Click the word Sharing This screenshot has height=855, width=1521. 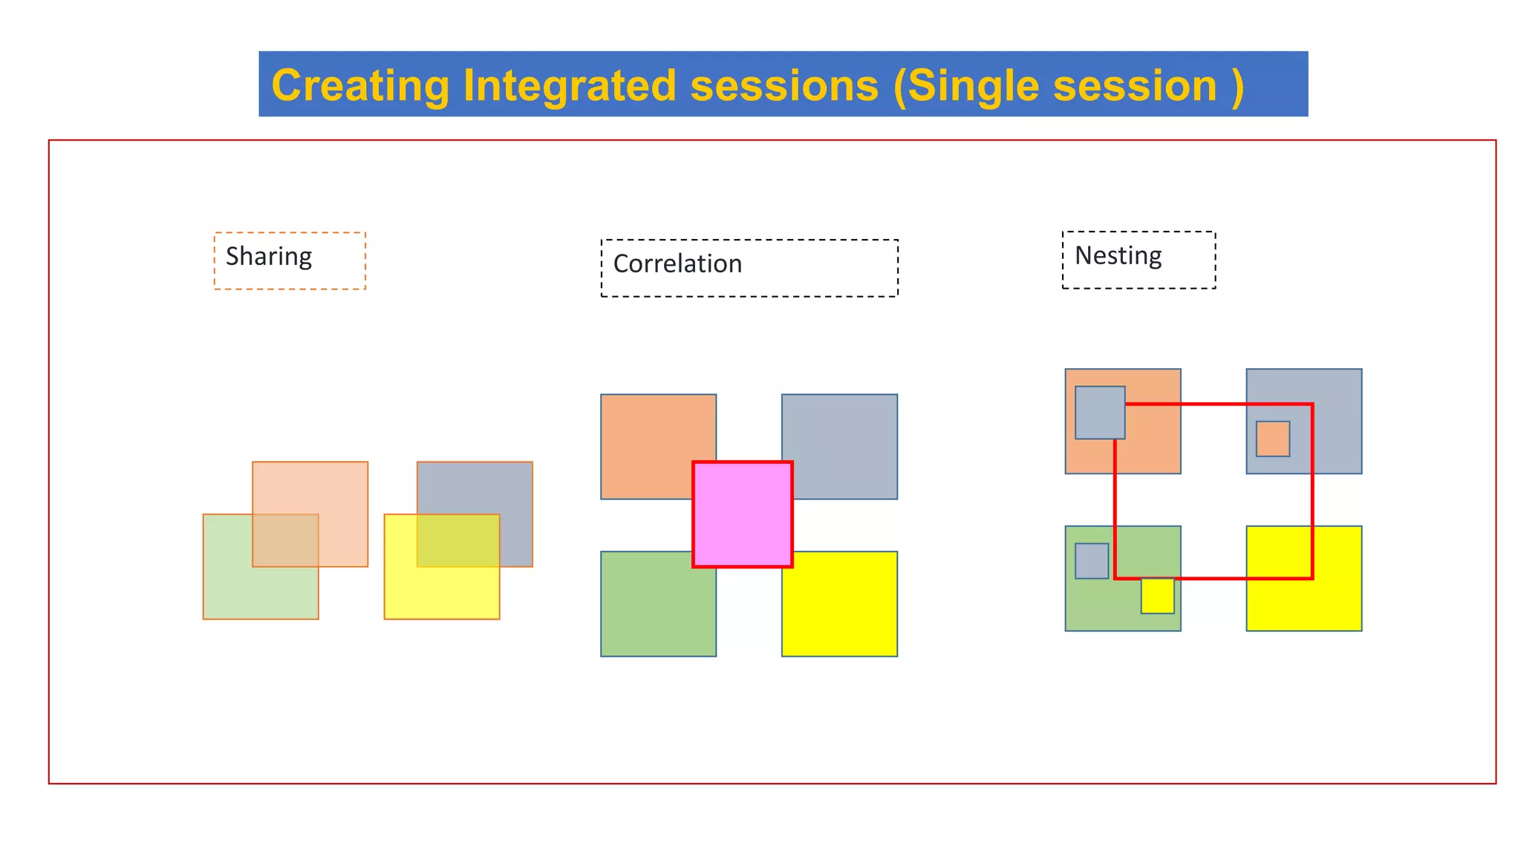tap(268, 257)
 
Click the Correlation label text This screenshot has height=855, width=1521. tap(677, 264)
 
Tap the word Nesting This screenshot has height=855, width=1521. tap(1118, 256)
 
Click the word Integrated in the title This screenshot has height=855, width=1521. tap(569, 85)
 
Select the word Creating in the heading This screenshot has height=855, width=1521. tap(360, 85)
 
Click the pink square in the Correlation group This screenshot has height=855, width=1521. tap(742, 514)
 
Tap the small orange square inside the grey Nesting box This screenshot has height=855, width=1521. tap(1272, 439)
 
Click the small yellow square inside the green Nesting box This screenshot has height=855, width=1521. tap(1157, 596)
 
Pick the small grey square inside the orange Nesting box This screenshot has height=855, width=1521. tap(1099, 413)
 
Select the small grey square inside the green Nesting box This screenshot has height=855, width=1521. tap(1091, 561)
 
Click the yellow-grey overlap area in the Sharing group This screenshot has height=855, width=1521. tap(457, 540)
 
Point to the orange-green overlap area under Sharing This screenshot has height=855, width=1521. tap(285, 540)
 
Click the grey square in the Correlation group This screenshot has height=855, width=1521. tap(847, 438)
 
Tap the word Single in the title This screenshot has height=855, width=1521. tap(974, 85)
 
